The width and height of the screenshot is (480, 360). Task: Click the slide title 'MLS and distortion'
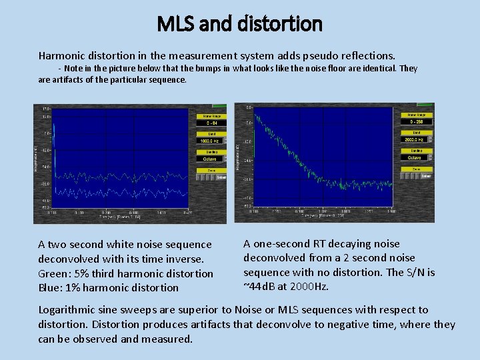coord(239,25)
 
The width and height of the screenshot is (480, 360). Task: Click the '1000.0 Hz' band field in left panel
coord(210,141)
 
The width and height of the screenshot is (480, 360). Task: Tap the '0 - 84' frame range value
coord(210,123)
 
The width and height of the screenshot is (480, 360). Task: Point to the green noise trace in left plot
coord(120,177)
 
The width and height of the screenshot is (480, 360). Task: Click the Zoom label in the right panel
coord(417,169)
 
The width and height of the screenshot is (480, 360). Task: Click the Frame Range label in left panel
coord(210,116)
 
